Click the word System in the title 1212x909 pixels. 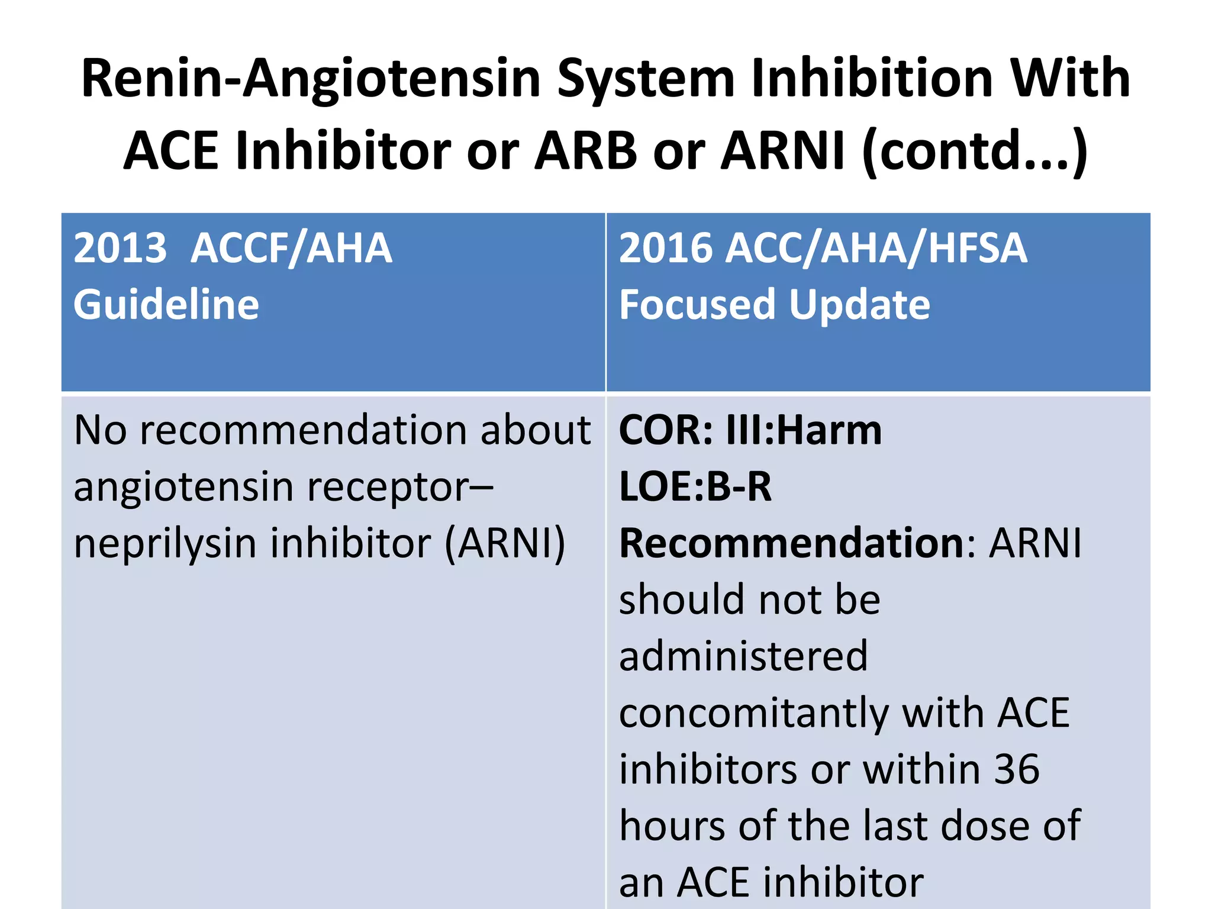click(x=646, y=79)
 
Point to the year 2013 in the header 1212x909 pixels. click(x=120, y=248)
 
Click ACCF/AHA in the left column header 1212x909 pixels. click(x=291, y=248)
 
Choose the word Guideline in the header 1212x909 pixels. click(x=166, y=305)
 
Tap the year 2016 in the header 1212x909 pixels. click(x=666, y=248)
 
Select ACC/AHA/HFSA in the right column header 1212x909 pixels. click(x=877, y=248)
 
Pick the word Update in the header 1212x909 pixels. click(x=859, y=305)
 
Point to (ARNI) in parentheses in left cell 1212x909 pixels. click(x=505, y=544)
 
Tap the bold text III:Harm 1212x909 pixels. click(x=804, y=430)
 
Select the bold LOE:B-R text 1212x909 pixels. click(x=695, y=487)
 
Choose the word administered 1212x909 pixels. click(x=743, y=656)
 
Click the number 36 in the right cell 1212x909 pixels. click(x=1017, y=769)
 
